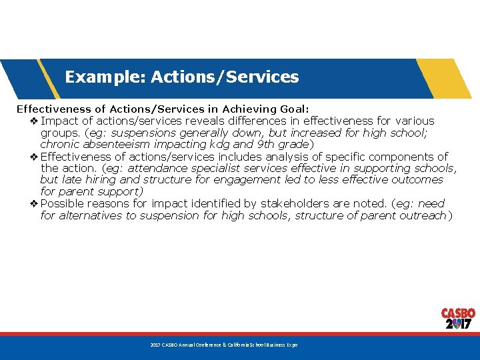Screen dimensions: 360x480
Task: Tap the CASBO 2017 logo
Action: click(458, 319)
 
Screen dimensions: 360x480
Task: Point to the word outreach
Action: click(423, 215)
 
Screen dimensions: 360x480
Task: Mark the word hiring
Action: click(103, 180)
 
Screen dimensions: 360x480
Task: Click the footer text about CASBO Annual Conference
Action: click(223, 345)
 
